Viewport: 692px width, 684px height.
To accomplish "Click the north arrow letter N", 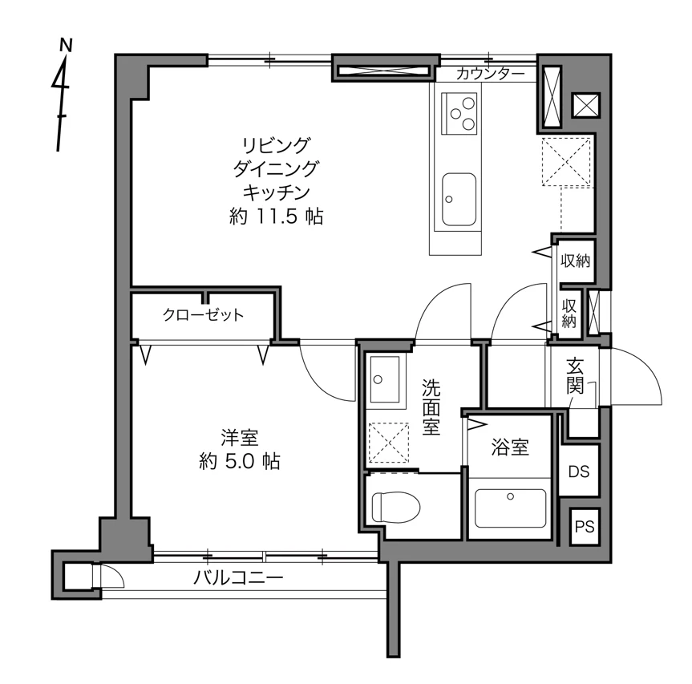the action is click(x=66, y=45).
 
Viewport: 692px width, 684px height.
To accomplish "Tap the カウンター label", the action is click(x=490, y=74).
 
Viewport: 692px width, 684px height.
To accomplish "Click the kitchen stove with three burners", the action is click(x=459, y=113).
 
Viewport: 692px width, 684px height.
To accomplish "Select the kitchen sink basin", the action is click(x=459, y=199).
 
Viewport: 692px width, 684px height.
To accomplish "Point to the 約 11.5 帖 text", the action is click(x=277, y=217).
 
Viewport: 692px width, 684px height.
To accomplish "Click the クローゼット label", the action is click(x=203, y=314).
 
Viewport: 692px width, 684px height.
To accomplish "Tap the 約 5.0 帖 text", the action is click(x=239, y=461).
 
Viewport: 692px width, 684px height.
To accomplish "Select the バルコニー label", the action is click(x=238, y=577).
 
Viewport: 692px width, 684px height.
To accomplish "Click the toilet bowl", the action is click(x=396, y=508).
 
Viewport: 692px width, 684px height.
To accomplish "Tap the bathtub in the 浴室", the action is click(x=510, y=508).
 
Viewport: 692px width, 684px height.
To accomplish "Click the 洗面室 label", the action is click(x=431, y=407).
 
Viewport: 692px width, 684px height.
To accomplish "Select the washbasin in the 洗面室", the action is click(x=384, y=379).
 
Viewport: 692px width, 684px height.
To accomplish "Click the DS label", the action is click(x=579, y=472).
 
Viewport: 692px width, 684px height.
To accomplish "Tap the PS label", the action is click(x=585, y=527).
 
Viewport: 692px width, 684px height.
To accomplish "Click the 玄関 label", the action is click(x=575, y=376).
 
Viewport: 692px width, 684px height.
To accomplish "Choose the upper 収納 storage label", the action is click(x=575, y=261).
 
